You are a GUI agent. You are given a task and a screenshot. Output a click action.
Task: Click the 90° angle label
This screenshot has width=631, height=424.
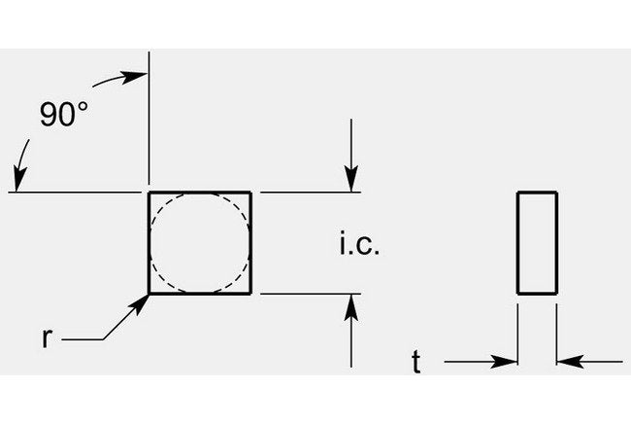[63, 115]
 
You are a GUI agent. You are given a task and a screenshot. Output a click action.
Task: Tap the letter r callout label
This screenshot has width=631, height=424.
[48, 338]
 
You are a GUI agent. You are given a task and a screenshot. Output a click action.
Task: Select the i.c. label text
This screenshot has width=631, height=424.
[359, 243]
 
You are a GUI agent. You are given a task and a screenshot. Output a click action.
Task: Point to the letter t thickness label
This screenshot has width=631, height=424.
[416, 362]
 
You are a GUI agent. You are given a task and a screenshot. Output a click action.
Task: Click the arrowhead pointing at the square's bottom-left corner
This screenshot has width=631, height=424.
[141, 303]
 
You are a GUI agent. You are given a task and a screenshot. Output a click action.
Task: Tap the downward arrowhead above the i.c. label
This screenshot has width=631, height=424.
[351, 179]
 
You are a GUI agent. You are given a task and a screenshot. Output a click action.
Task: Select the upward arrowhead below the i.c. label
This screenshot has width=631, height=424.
[351, 307]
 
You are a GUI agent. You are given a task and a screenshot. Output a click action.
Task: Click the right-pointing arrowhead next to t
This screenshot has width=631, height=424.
[504, 362]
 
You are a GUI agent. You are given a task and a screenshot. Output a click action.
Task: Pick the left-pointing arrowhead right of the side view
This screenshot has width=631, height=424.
[570, 362]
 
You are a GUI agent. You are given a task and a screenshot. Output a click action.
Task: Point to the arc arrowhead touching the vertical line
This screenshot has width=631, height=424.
[135, 77]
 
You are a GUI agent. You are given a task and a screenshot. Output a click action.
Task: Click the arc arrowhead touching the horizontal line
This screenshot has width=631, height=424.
[19, 179]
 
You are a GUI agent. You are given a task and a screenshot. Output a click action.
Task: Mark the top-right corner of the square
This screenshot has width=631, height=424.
[251, 193]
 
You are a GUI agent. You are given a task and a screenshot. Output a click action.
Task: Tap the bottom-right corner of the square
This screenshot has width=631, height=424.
[251, 294]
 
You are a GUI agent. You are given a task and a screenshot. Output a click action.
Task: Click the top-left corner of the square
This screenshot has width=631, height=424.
[149, 193]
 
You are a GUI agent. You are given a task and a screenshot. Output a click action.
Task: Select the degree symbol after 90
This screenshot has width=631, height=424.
[83, 107]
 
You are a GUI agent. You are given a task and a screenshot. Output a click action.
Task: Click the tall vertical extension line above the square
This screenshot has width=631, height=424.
[149, 118]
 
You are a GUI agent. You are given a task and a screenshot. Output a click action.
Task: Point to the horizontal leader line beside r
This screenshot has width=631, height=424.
[83, 339]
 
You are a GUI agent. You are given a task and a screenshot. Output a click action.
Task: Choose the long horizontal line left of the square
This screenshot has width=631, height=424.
[75, 193]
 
